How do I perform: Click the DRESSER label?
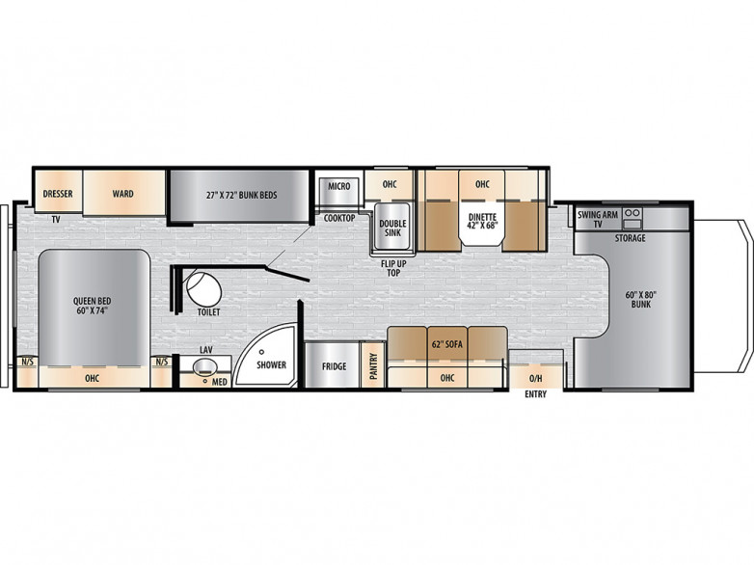(59, 194)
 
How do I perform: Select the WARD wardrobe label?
(122, 194)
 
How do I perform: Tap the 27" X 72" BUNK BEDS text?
(242, 195)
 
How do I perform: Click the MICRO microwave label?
(338, 186)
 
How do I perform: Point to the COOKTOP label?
(339, 218)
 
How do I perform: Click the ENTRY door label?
(535, 394)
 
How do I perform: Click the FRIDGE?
(335, 366)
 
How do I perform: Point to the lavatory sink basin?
(203, 366)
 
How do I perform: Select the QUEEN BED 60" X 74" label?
(93, 307)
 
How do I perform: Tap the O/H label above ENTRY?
(535, 378)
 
